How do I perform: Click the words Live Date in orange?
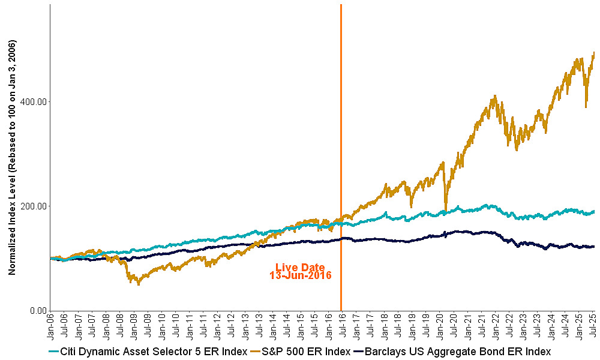(300, 268)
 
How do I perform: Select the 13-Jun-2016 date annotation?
(300, 276)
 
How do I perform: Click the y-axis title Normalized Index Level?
(12, 157)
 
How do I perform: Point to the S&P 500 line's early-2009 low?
(139, 284)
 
